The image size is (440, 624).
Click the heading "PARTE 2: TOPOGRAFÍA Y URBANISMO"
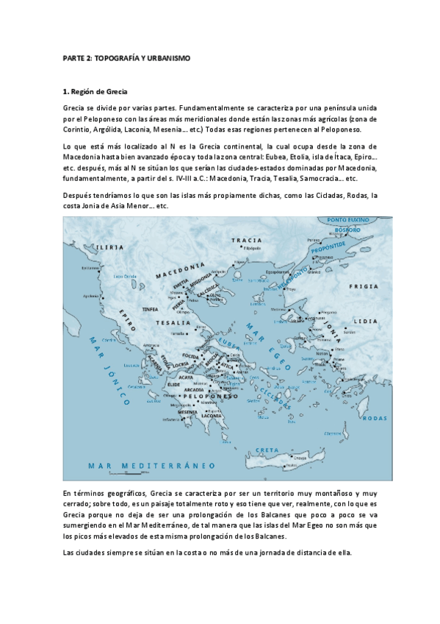[126, 57]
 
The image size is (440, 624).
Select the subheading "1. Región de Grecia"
[96, 92]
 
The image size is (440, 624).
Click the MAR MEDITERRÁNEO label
[151, 466]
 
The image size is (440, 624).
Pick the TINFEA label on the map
[151, 309]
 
